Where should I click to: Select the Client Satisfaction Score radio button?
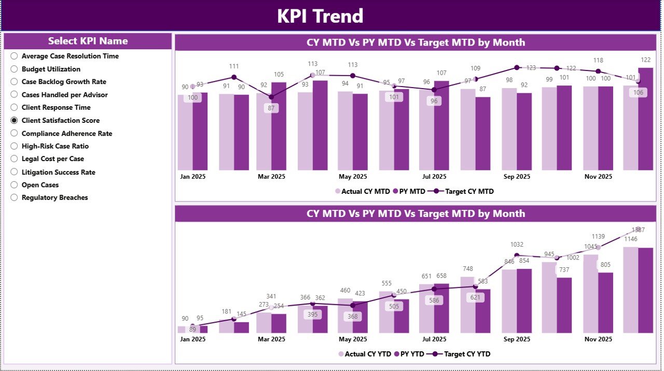click(14, 120)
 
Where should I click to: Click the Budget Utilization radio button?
click(14, 69)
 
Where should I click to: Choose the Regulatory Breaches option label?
click(54, 197)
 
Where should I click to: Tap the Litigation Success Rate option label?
click(58, 172)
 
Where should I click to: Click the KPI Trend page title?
click(320, 16)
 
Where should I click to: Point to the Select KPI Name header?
click(88, 41)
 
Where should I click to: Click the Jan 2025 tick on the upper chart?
click(192, 176)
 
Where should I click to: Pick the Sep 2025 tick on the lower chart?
click(517, 339)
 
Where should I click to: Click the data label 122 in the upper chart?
click(645, 60)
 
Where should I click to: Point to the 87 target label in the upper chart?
click(271, 108)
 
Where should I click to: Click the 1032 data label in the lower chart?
click(517, 245)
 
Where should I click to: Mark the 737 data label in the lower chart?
click(564, 270)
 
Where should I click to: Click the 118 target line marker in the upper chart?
click(598, 72)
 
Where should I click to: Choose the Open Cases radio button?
click(14, 185)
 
